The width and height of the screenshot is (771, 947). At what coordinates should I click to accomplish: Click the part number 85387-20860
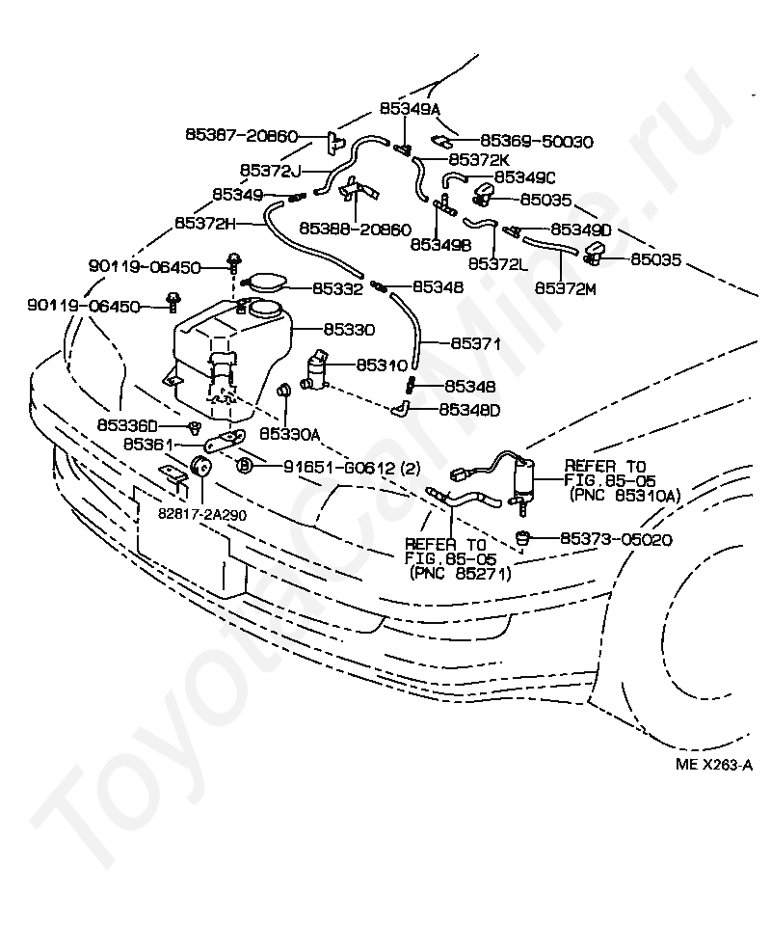[x=241, y=137]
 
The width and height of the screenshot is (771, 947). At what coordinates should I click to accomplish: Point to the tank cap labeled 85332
[x=265, y=284]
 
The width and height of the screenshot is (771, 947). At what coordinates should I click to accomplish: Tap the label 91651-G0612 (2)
[x=352, y=468]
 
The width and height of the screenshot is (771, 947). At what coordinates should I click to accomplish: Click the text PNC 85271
[x=460, y=573]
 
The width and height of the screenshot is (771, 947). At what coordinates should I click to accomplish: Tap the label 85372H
[x=205, y=223]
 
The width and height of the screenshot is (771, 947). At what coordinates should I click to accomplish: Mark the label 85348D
[x=470, y=409]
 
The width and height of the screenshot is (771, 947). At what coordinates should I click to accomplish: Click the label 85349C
[x=525, y=177]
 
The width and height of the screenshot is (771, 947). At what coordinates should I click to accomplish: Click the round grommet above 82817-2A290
[x=202, y=466]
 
